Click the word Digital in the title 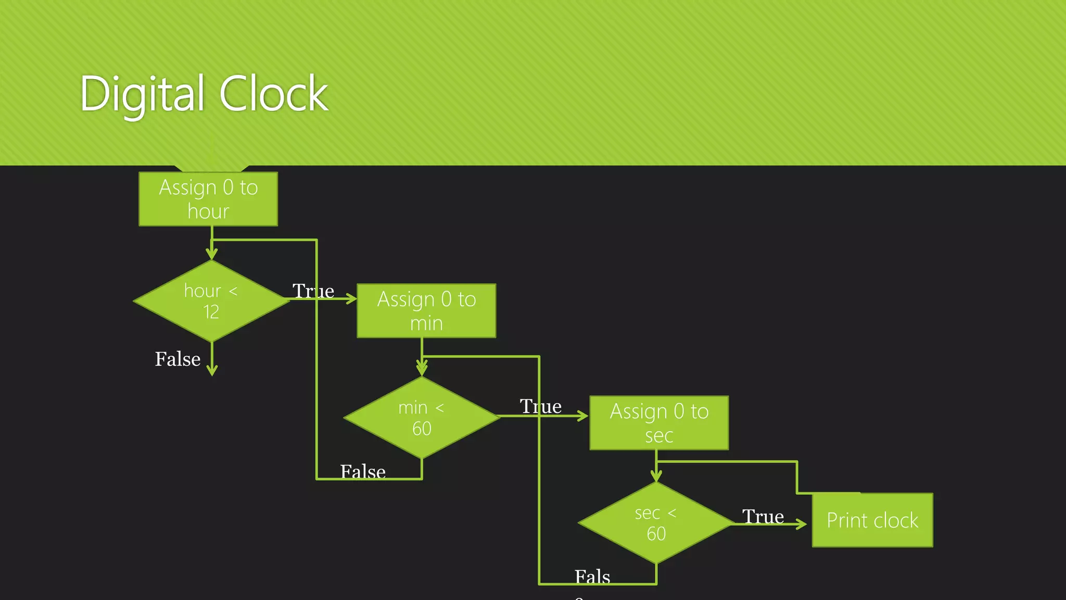(142, 94)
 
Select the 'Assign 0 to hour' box (208, 199)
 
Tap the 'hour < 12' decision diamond (211, 301)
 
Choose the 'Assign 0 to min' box (426, 311)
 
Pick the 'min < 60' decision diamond (422, 418)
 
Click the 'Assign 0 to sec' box (659, 423)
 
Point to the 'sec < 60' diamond (656, 523)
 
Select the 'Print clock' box (872, 520)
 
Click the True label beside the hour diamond (313, 291)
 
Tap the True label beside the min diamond (540, 406)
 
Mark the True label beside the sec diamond (763, 517)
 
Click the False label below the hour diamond (177, 359)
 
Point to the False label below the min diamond (363, 471)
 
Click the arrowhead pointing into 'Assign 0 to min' (352, 299)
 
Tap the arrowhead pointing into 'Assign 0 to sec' (583, 416)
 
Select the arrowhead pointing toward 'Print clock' (802, 524)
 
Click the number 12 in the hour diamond (211, 312)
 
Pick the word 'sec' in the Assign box (659, 435)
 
